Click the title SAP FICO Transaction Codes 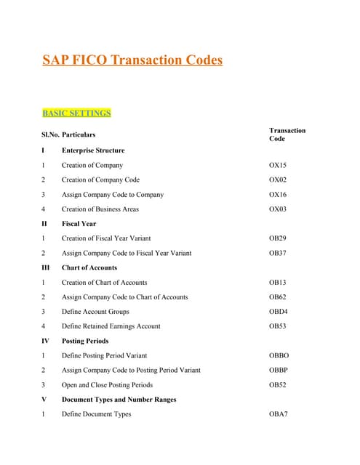[132, 60]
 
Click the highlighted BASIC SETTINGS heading [76, 113]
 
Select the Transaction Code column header [287, 134]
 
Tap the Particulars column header [79, 134]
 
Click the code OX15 [278, 166]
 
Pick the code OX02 [278, 180]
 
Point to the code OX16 [278, 195]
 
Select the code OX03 [278, 209]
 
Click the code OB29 [278, 239]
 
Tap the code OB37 [278, 254]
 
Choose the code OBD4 [278, 312]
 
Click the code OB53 [278, 326]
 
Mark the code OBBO [279, 356]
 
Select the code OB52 [278, 385]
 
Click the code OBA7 [279, 414]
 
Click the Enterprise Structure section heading [93, 151]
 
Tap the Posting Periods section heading [85, 341]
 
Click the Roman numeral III [45, 268]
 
